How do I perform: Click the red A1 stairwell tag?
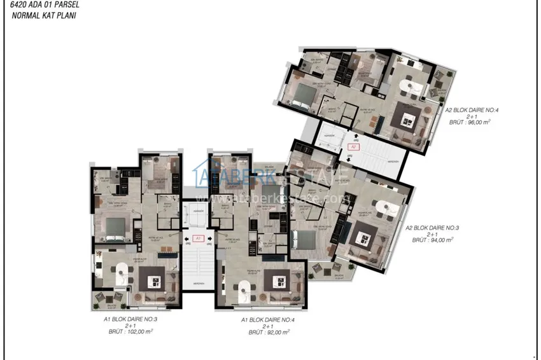click(x=198, y=239)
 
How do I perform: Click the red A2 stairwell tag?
click(x=354, y=146)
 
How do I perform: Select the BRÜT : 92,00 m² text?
click(x=269, y=332)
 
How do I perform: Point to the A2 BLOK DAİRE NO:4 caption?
click(x=472, y=110)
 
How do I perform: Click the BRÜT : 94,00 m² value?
click(x=433, y=240)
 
